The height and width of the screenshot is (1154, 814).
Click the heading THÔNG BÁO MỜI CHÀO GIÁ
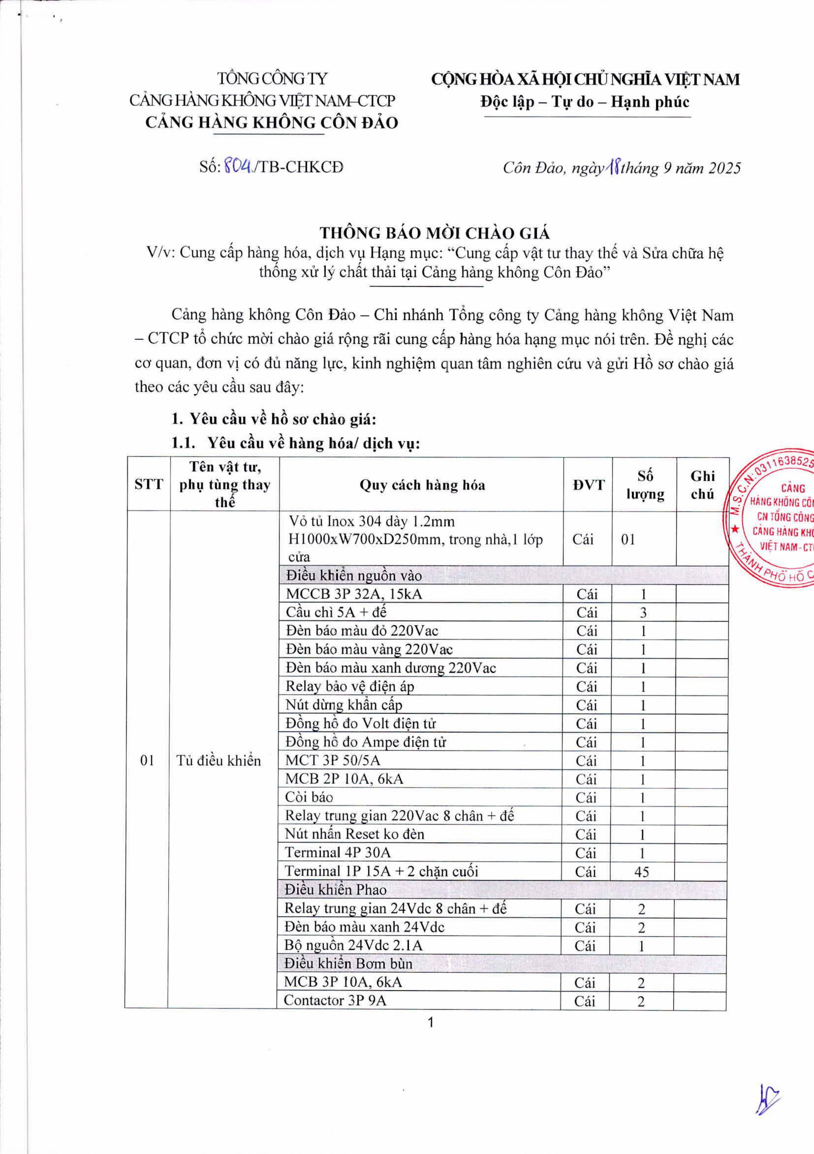tap(435, 233)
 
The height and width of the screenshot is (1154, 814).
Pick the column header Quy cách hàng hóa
tap(422, 485)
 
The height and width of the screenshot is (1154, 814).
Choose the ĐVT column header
tap(588, 485)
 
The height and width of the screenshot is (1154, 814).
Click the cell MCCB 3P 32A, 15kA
tap(354, 595)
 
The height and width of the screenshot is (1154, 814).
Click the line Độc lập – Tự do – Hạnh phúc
tap(585, 102)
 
